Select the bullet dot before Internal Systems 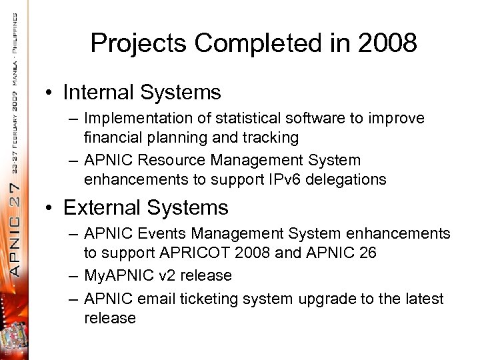(x=52, y=92)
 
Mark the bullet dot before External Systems (x=52, y=208)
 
